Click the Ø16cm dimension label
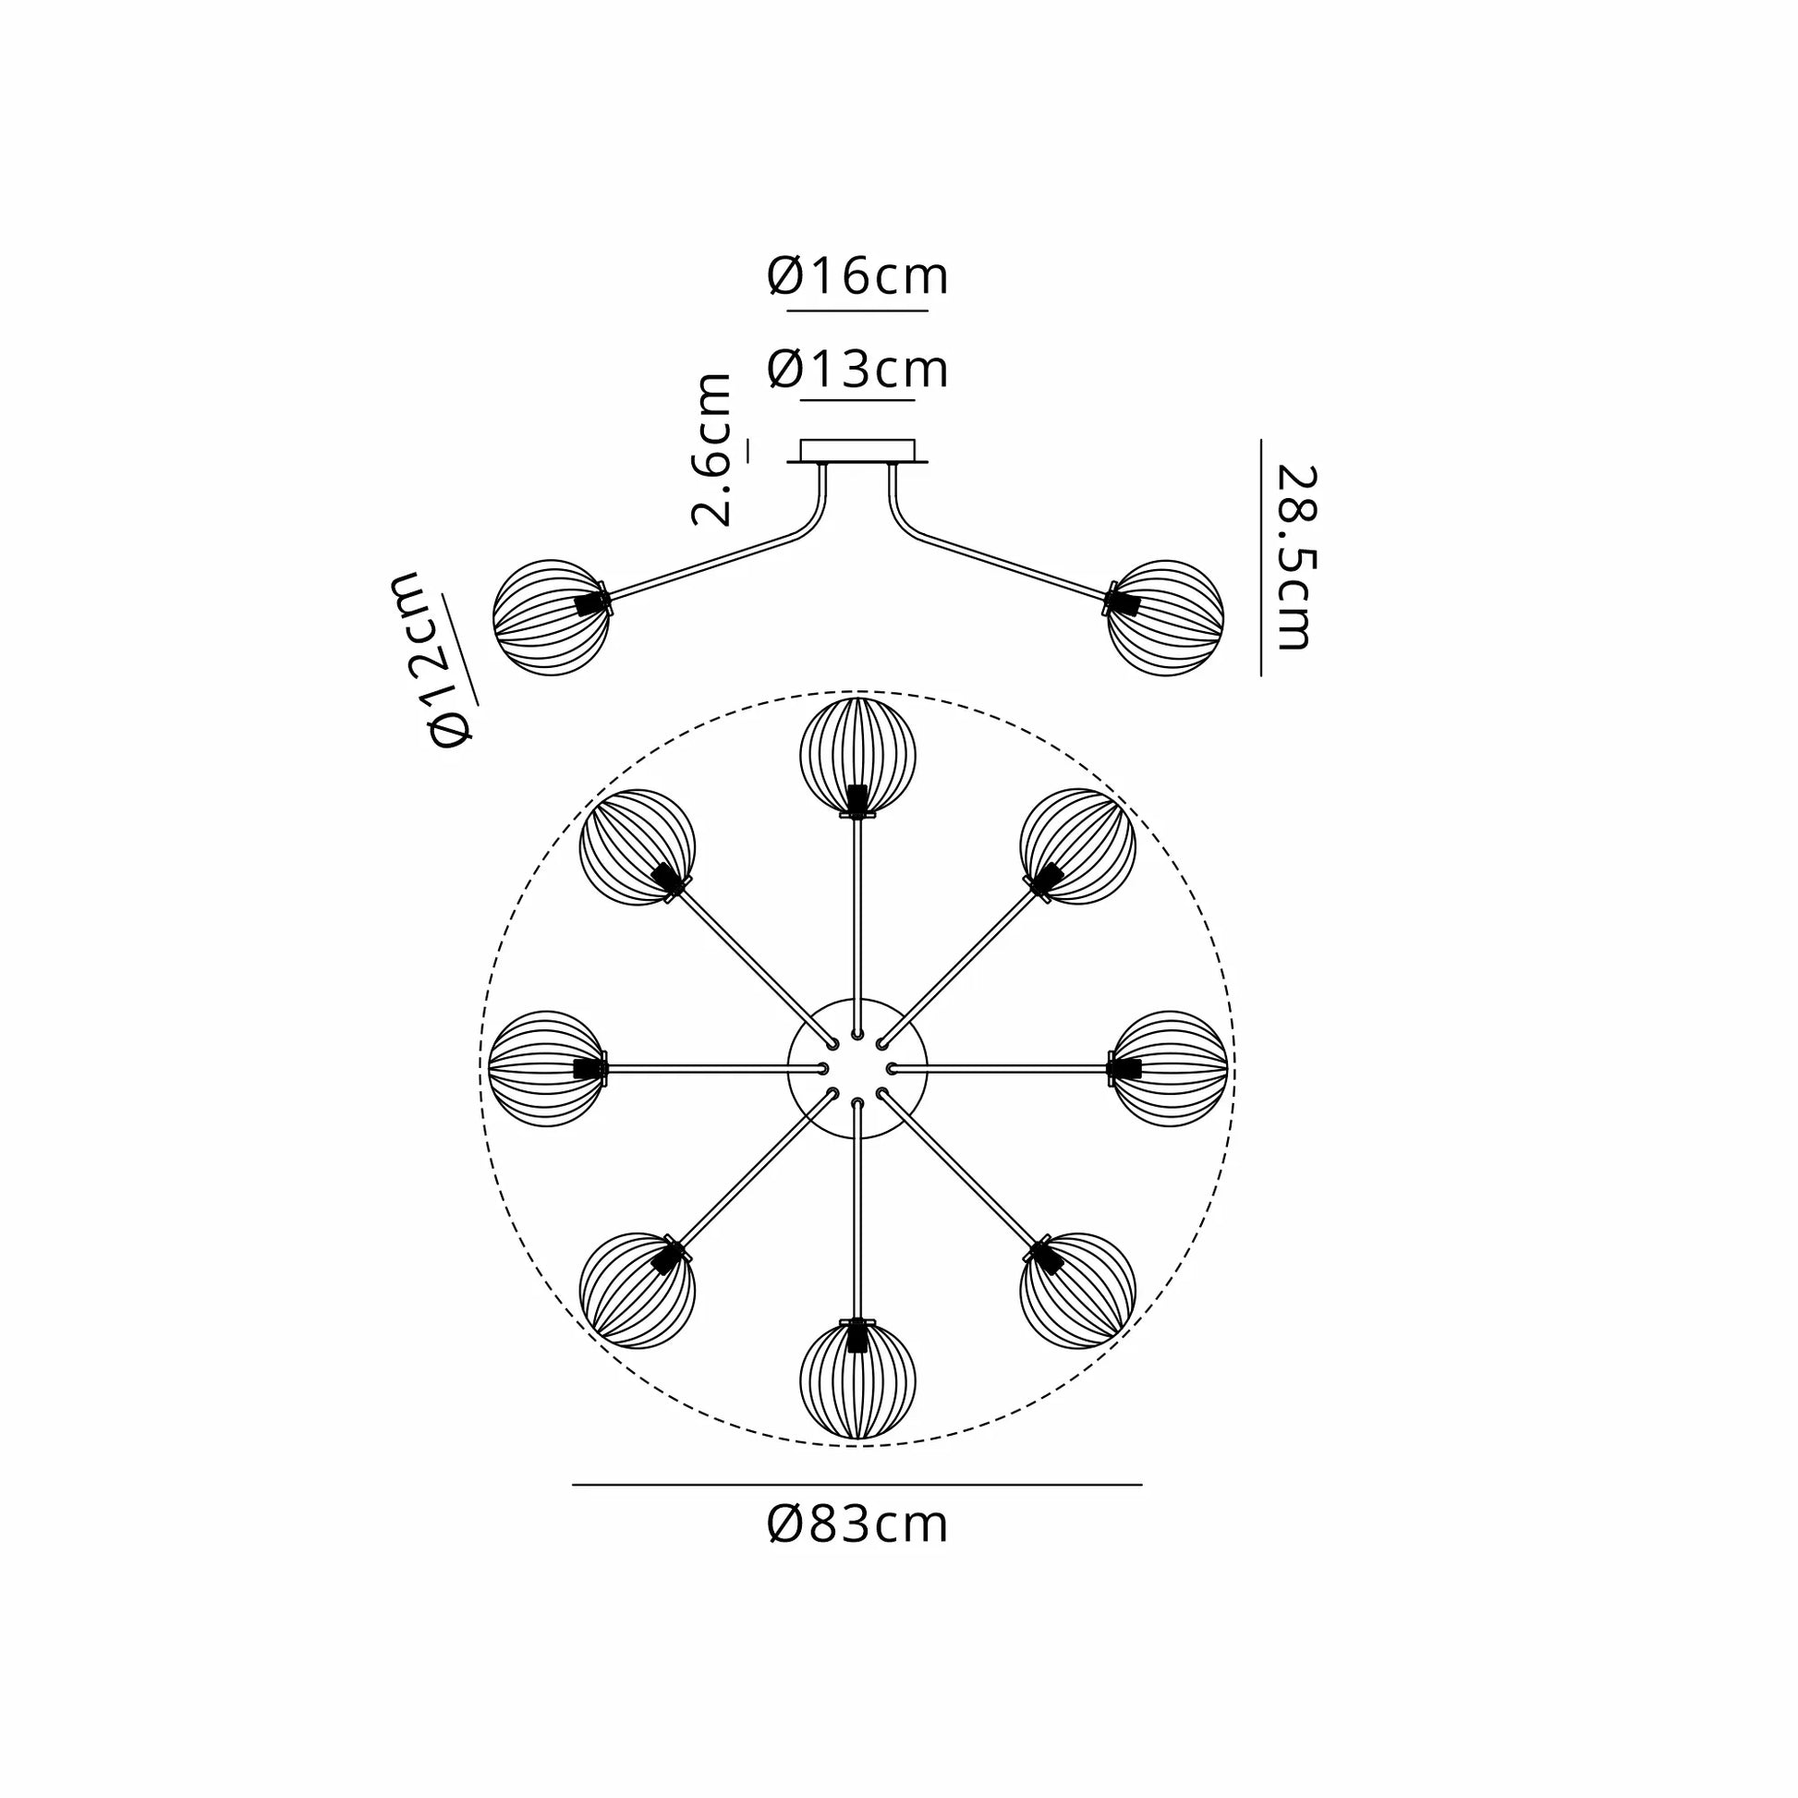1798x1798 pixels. click(x=857, y=276)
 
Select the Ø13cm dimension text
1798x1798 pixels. click(x=857, y=370)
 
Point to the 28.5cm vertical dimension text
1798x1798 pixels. click(x=1294, y=556)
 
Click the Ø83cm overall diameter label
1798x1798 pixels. click(x=857, y=1525)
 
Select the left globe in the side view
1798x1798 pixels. click(x=551, y=617)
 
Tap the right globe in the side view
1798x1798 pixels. click(x=1165, y=617)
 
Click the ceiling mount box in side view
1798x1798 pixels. click(x=857, y=452)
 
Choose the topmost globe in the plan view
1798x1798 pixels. click(x=857, y=756)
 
